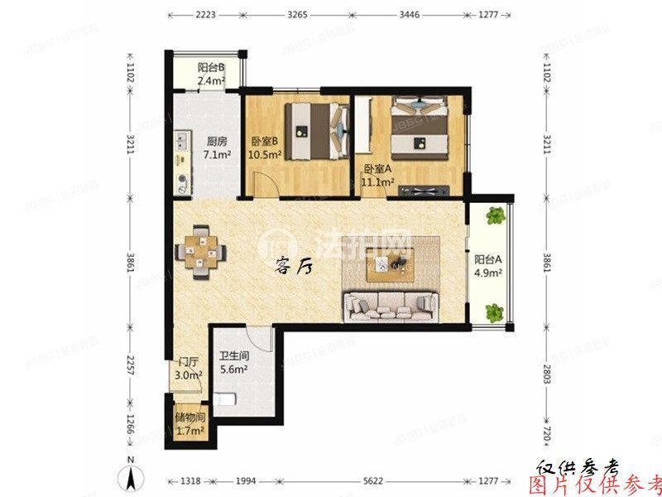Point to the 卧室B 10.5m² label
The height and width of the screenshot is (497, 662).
[266, 147]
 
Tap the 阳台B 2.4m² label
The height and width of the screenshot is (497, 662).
[210, 75]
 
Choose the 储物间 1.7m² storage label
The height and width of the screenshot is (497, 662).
[189, 424]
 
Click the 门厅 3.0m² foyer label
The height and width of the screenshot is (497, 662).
[188, 369]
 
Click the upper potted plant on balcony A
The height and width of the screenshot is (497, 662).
[495, 216]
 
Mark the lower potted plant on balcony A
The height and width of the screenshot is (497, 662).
[495, 312]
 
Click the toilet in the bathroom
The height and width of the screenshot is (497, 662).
[221, 403]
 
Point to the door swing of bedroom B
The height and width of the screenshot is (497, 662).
[263, 184]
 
